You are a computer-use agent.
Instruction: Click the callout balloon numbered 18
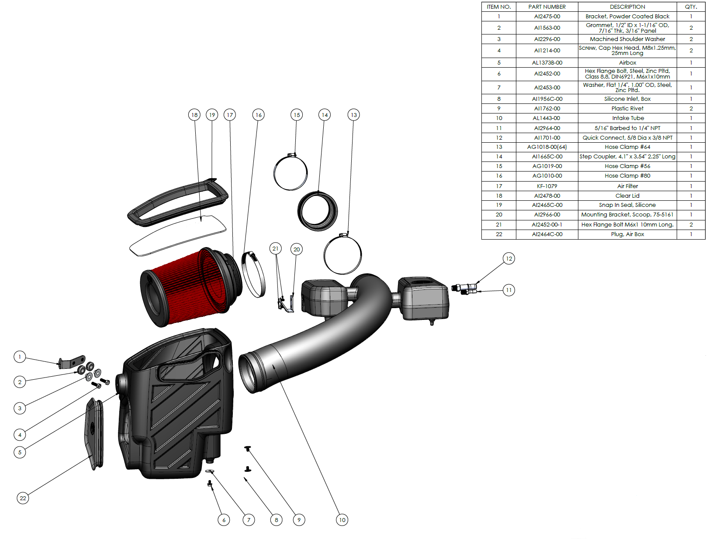tap(194, 115)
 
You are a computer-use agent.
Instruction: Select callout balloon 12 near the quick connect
tap(508, 258)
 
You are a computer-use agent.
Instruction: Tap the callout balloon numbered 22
tap(23, 498)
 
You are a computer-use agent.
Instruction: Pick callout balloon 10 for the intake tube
tap(342, 520)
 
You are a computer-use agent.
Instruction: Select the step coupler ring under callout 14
tap(318, 211)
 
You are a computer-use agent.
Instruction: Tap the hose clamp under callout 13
tap(342, 255)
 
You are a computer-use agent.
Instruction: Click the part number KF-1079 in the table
tap(547, 186)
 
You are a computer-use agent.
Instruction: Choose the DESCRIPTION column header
tap(627, 7)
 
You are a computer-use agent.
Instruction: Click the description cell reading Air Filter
tap(627, 186)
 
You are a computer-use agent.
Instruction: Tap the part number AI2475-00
tap(547, 16)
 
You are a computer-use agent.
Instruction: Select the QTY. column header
tap(691, 7)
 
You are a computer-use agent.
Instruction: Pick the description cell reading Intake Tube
tap(627, 118)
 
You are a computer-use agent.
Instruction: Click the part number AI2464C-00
tap(547, 234)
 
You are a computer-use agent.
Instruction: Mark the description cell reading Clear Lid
tap(627, 196)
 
